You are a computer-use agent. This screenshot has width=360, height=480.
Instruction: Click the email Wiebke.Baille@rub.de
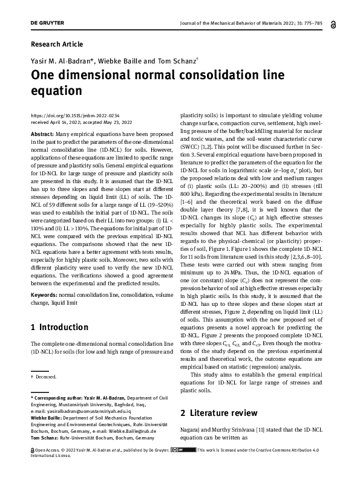click(125, 432)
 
